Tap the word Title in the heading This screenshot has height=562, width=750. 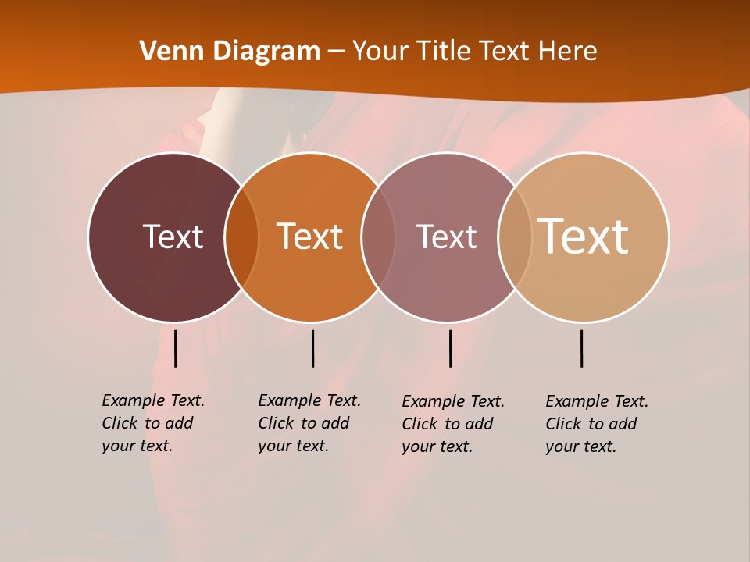(x=446, y=52)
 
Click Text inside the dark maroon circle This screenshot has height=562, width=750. (x=173, y=237)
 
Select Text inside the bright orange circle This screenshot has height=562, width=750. (x=310, y=237)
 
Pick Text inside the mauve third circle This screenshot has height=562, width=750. (x=446, y=237)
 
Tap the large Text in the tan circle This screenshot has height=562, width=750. (x=584, y=236)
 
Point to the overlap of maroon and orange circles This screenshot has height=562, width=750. (x=241, y=237)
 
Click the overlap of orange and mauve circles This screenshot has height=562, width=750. (x=378, y=237)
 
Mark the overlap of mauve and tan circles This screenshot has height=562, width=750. (x=515, y=237)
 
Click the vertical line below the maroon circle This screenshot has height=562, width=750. (x=176, y=348)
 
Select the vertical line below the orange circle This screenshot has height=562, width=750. (x=312, y=348)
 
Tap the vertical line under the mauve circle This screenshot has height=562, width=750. (x=450, y=348)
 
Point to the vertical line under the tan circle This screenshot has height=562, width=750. (x=582, y=348)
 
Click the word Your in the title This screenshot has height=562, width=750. (x=380, y=52)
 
